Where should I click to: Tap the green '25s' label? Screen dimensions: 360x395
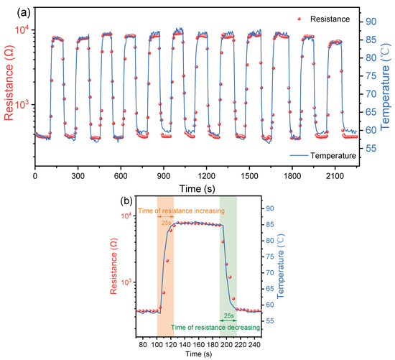228,315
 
